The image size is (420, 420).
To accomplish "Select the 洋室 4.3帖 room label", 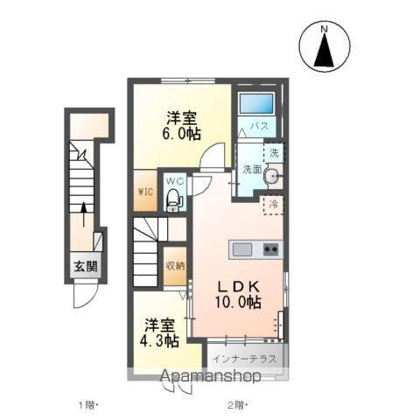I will point(161,332).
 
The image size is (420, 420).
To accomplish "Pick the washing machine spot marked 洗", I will point(274,153).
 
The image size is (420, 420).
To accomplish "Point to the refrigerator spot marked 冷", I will point(273,205).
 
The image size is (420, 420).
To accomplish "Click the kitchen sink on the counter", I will point(243,249).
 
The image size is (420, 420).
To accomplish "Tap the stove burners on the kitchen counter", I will point(269,249).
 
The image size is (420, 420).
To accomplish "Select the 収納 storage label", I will point(174,265).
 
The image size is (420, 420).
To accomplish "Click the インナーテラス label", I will point(246,357).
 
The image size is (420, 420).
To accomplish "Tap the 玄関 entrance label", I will point(84,268).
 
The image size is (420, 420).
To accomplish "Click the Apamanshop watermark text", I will point(209,377).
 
